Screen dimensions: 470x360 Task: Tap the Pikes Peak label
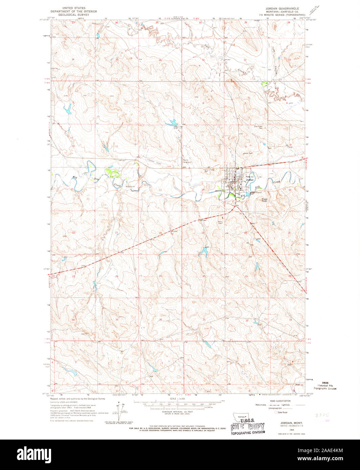click(264, 200)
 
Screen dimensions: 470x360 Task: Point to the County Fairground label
click(187, 161)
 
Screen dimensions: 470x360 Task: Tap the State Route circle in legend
click(276, 412)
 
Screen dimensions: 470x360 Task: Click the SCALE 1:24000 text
click(177, 399)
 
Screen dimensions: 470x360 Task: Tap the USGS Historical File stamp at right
click(327, 386)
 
